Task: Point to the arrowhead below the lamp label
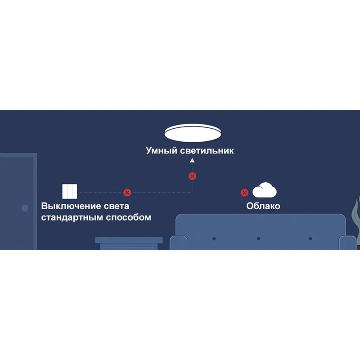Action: coord(192,160)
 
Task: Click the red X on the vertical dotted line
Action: coord(192,176)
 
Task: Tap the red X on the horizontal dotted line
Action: coord(127,193)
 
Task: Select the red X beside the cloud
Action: coord(244,193)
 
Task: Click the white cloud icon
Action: coord(264,190)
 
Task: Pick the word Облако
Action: coord(263,206)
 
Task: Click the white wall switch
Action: coord(70,191)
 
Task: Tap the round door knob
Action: coord(25,208)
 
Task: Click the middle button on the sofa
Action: coord(258,238)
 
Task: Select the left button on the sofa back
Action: coord(214,238)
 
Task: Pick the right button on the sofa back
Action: coord(310,238)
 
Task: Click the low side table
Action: coord(129,243)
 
